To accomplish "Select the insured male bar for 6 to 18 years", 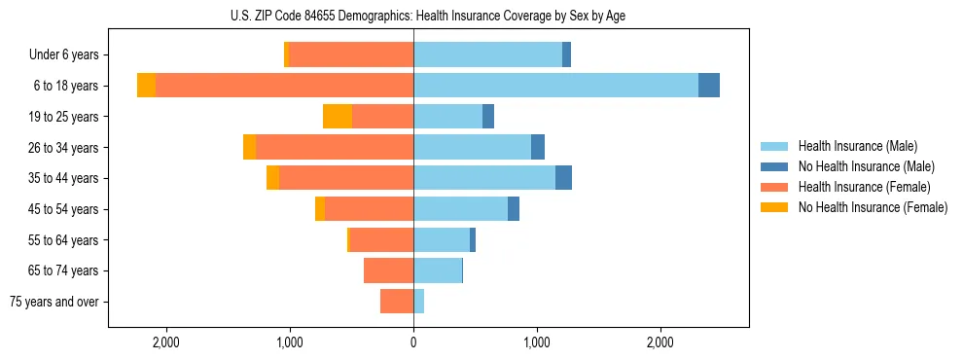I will click(x=555, y=86).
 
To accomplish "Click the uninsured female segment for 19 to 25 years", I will click(x=338, y=117).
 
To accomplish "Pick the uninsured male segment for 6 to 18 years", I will click(x=709, y=86).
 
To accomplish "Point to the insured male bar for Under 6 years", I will click(x=487, y=54).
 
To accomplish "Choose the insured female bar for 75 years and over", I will click(x=397, y=302).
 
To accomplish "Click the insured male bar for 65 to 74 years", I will click(x=438, y=270).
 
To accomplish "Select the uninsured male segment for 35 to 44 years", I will click(x=563, y=178).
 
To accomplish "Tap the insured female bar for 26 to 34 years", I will click(x=335, y=147).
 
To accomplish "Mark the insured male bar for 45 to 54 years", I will click(x=460, y=209).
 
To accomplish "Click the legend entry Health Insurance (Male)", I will click(x=857, y=146).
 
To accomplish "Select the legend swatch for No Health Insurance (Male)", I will click(x=774, y=166).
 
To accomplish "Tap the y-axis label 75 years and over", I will click(x=53, y=302).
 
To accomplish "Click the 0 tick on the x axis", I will click(x=413, y=342).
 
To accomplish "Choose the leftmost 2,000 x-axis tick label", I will click(x=166, y=342).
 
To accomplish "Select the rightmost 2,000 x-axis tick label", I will click(x=660, y=342).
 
